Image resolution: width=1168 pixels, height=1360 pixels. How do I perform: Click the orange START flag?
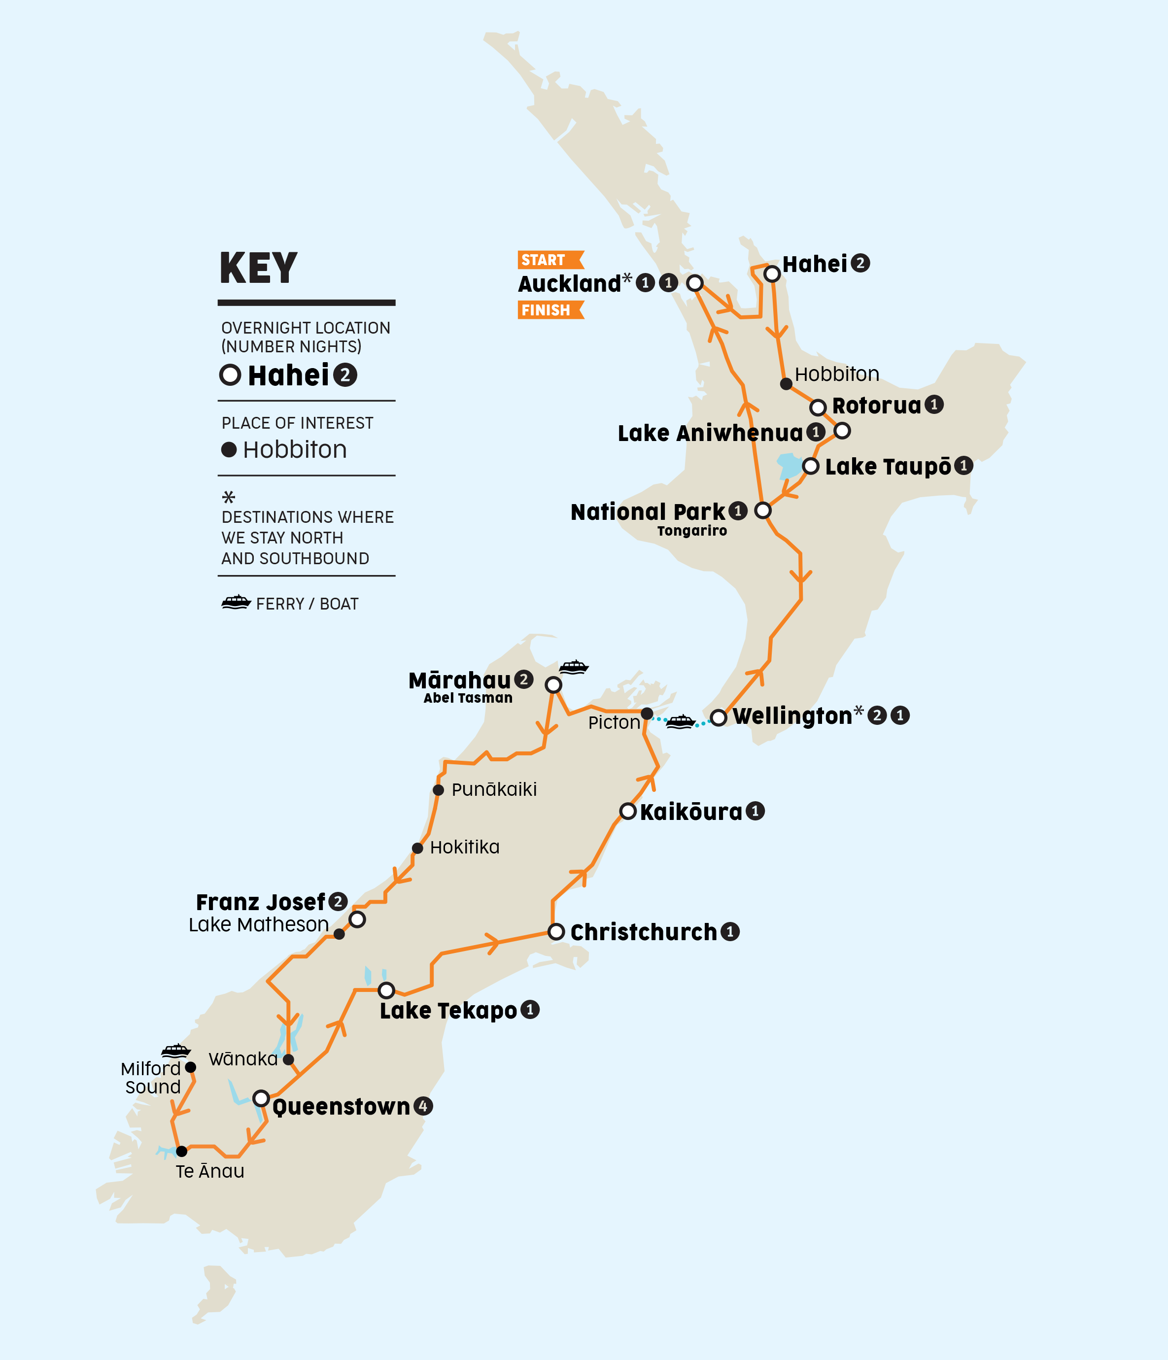click(550, 260)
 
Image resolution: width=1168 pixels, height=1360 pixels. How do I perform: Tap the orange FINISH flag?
click(550, 310)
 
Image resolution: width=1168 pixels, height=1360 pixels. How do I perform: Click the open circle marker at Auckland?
click(694, 283)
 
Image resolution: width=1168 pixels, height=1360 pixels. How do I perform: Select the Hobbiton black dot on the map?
click(786, 383)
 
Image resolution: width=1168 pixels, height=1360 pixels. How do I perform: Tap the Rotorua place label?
click(876, 406)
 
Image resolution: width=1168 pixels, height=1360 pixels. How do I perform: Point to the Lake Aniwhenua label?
click(710, 433)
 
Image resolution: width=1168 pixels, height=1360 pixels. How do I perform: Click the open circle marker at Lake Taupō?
click(811, 466)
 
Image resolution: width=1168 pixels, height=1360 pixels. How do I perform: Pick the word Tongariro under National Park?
click(692, 531)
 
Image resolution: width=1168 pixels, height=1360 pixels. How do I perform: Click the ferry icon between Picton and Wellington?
click(680, 721)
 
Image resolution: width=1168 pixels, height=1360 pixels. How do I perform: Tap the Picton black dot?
click(647, 714)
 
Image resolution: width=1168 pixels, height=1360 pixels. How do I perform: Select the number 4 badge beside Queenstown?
click(423, 1106)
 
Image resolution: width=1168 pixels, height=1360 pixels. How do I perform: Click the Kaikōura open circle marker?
click(628, 811)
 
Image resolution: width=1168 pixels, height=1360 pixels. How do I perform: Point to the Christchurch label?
click(644, 932)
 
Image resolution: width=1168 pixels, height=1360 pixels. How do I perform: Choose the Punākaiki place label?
click(494, 789)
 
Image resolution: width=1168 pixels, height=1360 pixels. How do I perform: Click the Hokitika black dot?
click(417, 848)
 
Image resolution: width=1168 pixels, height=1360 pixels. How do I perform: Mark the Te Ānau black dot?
click(182, 1151)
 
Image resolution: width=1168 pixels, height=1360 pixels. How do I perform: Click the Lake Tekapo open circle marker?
click(386, 990)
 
